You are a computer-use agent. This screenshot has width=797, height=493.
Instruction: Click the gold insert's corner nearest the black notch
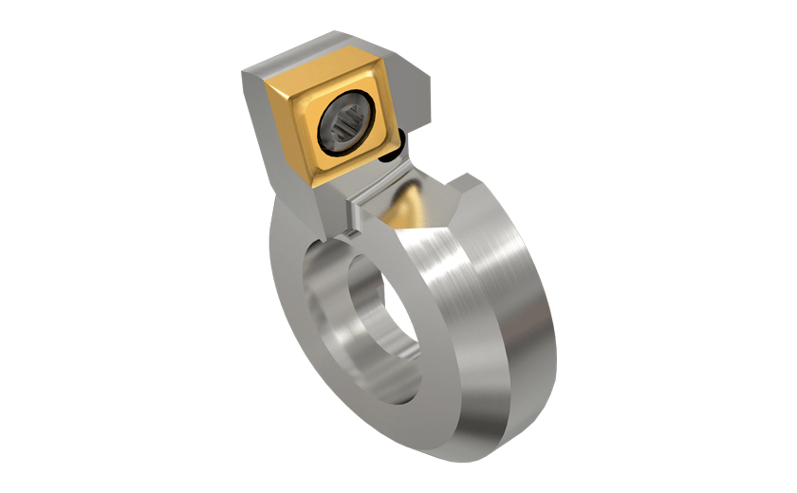(x=393, y=142)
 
